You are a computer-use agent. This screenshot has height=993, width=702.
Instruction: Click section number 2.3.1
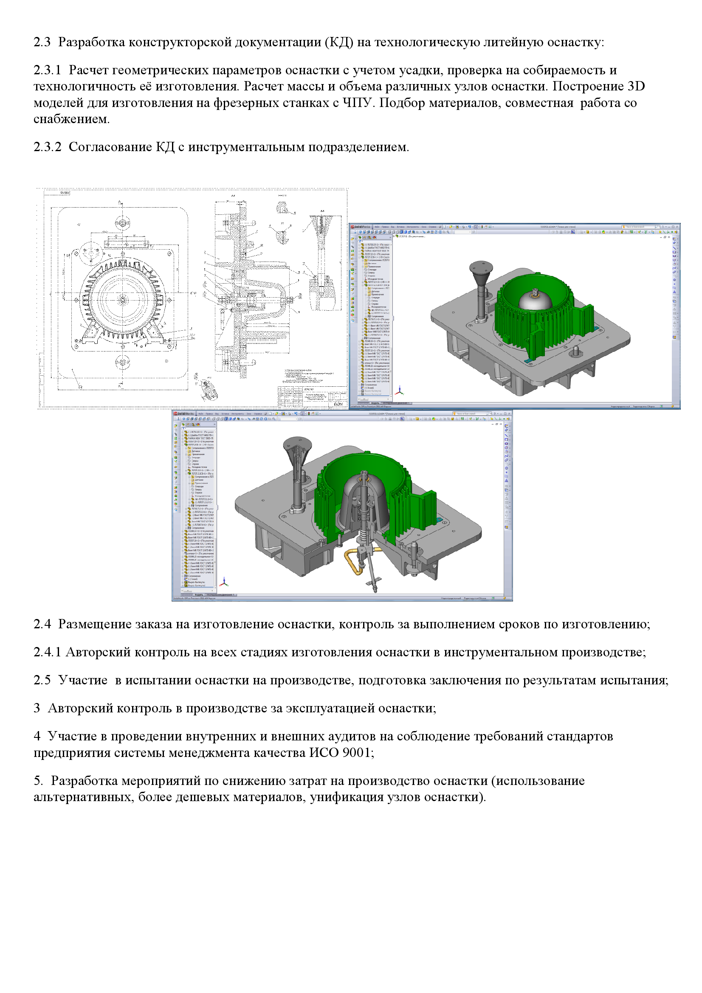click(47, 70)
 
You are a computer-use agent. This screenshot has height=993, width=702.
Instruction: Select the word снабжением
click(71, 119)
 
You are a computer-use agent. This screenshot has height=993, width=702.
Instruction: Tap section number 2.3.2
click(47, 147)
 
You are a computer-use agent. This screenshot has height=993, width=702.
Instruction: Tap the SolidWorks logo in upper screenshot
click(361, 227)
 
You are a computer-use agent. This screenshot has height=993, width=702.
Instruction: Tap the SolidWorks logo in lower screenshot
click(184, 414)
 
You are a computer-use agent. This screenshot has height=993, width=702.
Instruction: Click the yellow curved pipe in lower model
click(351, 561)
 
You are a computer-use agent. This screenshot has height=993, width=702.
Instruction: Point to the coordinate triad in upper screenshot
click(400, 391)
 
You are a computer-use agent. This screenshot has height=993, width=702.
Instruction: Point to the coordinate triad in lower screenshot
click(224, 582)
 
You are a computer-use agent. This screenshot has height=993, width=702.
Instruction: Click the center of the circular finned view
click(123, 300)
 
